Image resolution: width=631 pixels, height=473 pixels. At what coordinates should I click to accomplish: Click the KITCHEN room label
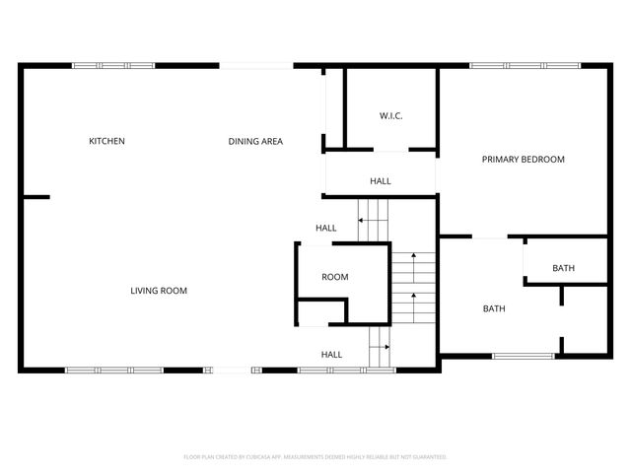(x=106, y=141)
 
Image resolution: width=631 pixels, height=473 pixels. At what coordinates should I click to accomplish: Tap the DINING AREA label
(x=255, y=141)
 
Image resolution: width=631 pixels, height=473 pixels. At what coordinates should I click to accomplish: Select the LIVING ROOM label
(x=159, y=291)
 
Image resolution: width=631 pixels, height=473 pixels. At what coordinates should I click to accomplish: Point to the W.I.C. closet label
(x=391, y=116)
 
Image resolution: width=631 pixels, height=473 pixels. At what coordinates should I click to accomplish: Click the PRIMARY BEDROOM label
(x=523, y=159)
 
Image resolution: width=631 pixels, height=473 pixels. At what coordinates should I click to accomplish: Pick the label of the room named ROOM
(x=335, y=277)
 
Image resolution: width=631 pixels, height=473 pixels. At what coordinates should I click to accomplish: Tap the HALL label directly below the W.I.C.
(x=381, y=181)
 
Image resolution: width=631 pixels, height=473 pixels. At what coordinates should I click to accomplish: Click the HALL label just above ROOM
(x=326, y=229)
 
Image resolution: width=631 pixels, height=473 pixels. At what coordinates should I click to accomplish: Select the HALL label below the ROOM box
(x=331, y=355)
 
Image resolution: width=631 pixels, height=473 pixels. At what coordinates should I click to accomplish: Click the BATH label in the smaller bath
(x=563, y=268)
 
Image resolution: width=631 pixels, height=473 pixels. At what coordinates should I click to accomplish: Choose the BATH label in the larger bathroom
(x=494, y=308)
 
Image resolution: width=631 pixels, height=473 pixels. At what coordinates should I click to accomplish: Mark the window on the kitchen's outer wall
(x=113, y=66)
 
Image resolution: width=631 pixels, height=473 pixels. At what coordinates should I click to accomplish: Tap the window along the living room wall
(x=113, y=371)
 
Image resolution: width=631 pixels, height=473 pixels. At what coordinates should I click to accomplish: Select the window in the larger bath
(x=523, y=356)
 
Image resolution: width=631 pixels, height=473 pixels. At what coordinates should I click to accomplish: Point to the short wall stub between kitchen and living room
(x=35, y=197)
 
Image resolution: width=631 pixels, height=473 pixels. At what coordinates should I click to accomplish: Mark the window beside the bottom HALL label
(x=333, y=371)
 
